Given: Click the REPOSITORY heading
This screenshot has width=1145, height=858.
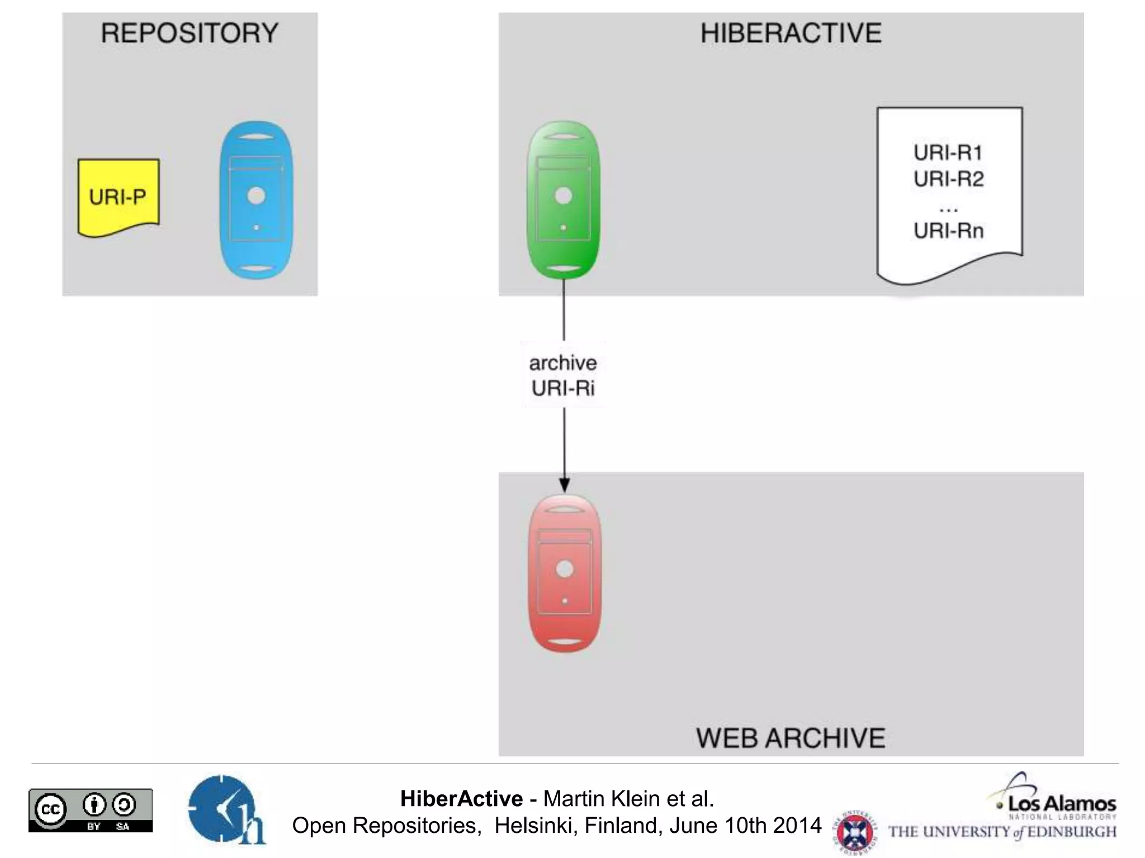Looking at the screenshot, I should point(190,33).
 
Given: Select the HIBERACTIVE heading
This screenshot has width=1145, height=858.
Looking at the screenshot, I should point(791,33).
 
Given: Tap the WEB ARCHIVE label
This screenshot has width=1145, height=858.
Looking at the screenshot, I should point(791,738).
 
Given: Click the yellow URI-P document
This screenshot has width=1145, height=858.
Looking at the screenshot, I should point(118,197).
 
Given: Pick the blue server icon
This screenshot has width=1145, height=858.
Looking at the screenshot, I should point(257,200).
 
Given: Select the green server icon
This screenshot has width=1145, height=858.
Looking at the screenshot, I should point(564,199).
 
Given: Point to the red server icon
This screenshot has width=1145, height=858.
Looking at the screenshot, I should point(565,573).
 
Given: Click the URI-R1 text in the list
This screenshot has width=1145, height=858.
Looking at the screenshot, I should point(948,152).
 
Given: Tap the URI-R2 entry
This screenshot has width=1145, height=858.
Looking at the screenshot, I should point(948,179).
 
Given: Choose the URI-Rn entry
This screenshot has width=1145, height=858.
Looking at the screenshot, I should point(948,230).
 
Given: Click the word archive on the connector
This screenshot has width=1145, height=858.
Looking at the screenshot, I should point(563,363).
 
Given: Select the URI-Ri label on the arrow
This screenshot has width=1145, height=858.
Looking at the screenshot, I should point(563,388).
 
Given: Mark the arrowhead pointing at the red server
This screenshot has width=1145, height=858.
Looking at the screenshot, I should point(565,484).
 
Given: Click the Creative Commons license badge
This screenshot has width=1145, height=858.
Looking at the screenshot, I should point(91,810).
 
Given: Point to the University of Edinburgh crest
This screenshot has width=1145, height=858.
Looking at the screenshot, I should point(854,831).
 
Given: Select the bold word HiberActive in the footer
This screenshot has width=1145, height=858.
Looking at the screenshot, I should point(461,799).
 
